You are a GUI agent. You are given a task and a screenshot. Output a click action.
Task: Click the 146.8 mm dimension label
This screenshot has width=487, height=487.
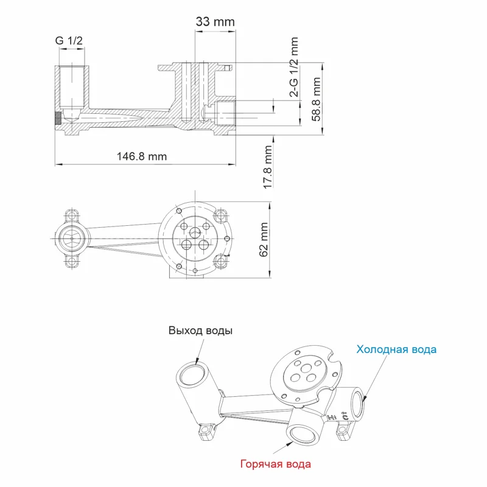pyautogui.click(x=141, y=156)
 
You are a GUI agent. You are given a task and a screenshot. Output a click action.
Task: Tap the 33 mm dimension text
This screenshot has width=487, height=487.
pyautogui.click(x=215, y=22)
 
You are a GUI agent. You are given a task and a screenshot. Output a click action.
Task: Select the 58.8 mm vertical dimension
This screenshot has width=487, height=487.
pyautogui.click(x=316, y=99)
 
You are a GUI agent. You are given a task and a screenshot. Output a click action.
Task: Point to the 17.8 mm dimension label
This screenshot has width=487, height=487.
pyautogui.click(x=268, y=167)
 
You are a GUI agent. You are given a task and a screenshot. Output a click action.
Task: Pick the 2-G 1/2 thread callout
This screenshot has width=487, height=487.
pyautogui.click(x=294, y=68)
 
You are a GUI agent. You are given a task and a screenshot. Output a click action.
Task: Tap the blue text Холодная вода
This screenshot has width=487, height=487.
pyautogui.click(x=396, y=349)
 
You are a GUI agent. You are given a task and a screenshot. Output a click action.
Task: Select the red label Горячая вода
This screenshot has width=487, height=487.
pyautogui.click(x=276, y=464)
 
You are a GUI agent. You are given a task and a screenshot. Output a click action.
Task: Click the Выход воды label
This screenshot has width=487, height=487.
pyautogui.click(x=200, y=331)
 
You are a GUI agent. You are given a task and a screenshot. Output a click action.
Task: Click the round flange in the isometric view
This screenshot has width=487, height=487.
pyautogui.click(x=303, y=373)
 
